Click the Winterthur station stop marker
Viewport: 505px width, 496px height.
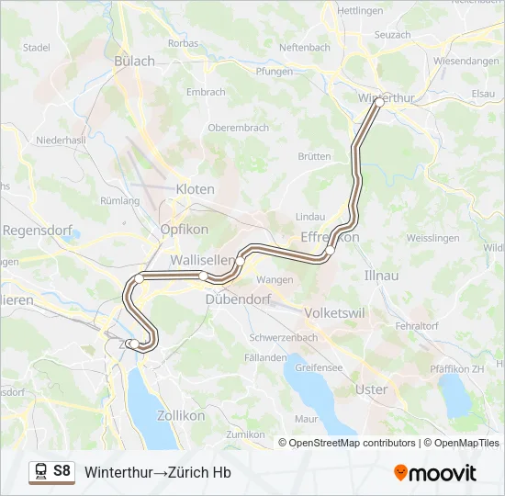[378, 103]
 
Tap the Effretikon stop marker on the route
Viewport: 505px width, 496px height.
[330, 250]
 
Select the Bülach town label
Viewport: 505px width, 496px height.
[135, 61]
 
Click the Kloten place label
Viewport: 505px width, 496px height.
[195, 189]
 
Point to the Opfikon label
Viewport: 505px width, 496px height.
[185, 230]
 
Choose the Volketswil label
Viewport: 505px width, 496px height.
[334, 312]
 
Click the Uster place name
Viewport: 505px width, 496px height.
[371, 389]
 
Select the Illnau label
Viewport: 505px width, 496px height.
[381, 275]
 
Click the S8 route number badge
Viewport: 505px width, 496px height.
[62, 471]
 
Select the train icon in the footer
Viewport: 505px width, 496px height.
[41, 472]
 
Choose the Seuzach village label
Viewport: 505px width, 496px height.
[393, 34]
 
